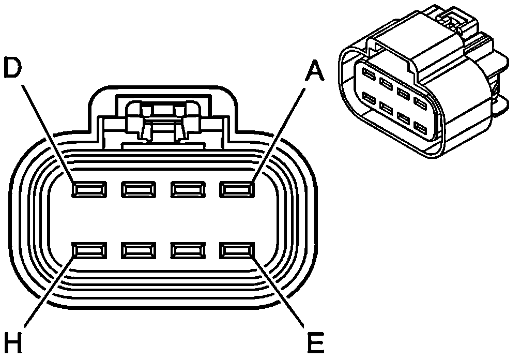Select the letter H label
13,342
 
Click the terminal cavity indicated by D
89,190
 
